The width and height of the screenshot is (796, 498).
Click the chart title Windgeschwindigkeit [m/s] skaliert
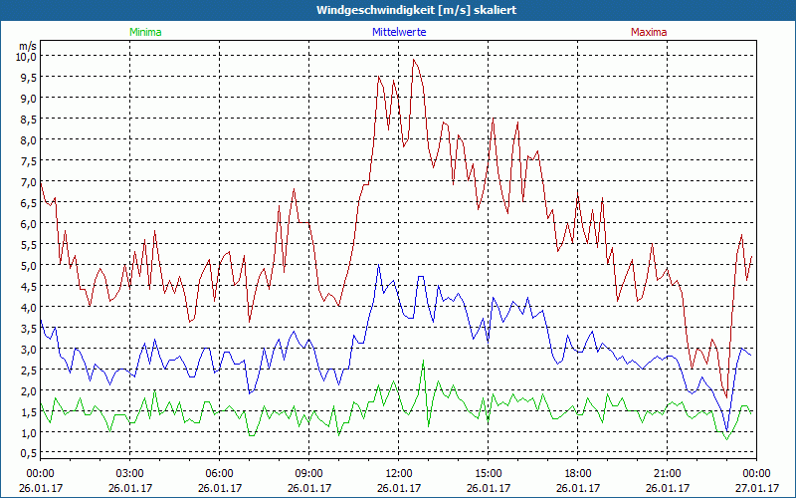coord(397,10)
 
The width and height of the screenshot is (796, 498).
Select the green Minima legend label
coord(145,32)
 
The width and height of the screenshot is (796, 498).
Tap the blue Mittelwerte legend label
coord(398,32)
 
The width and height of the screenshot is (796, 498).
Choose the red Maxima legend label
coord(649,32)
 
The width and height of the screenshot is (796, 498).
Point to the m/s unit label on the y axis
coord(27,45)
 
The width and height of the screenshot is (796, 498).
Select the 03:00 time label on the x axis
coord(130,473)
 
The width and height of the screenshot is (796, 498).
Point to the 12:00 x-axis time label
coord(398,473)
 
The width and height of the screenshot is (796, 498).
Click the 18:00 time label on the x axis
coord(577,473)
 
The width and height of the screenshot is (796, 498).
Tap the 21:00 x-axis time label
coord(667,473)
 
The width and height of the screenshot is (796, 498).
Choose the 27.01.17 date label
coord(756,488)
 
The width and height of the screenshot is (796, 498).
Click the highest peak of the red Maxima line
coord(414,60)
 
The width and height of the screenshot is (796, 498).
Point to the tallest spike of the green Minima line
coord(423,362)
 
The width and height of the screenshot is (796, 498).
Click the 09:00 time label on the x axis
coord(308,473)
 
